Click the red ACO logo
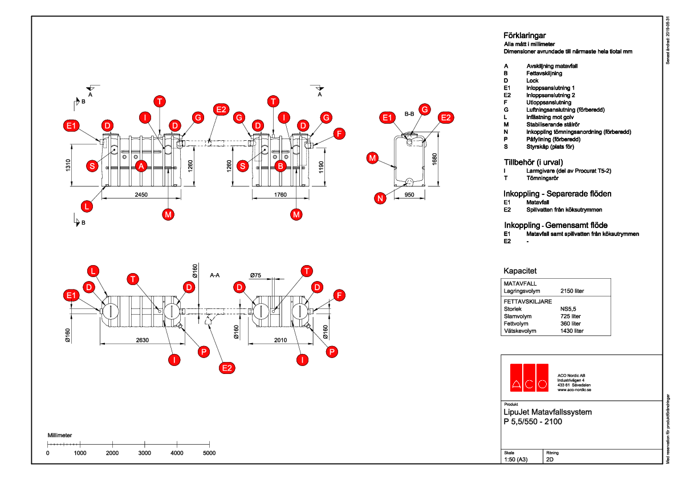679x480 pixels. [528, 377]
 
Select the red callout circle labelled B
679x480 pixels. [280, 166]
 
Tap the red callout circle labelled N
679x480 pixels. [380, 198]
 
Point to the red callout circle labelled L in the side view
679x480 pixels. [86, 205]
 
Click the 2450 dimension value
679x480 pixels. [141, 195]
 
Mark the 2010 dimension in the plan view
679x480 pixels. [280, 341]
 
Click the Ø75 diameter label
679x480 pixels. [255, 275]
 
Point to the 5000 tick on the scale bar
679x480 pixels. [209, 453]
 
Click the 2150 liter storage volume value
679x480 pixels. [572, 291]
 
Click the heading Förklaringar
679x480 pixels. [525, 35]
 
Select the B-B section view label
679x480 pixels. [409, 114]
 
